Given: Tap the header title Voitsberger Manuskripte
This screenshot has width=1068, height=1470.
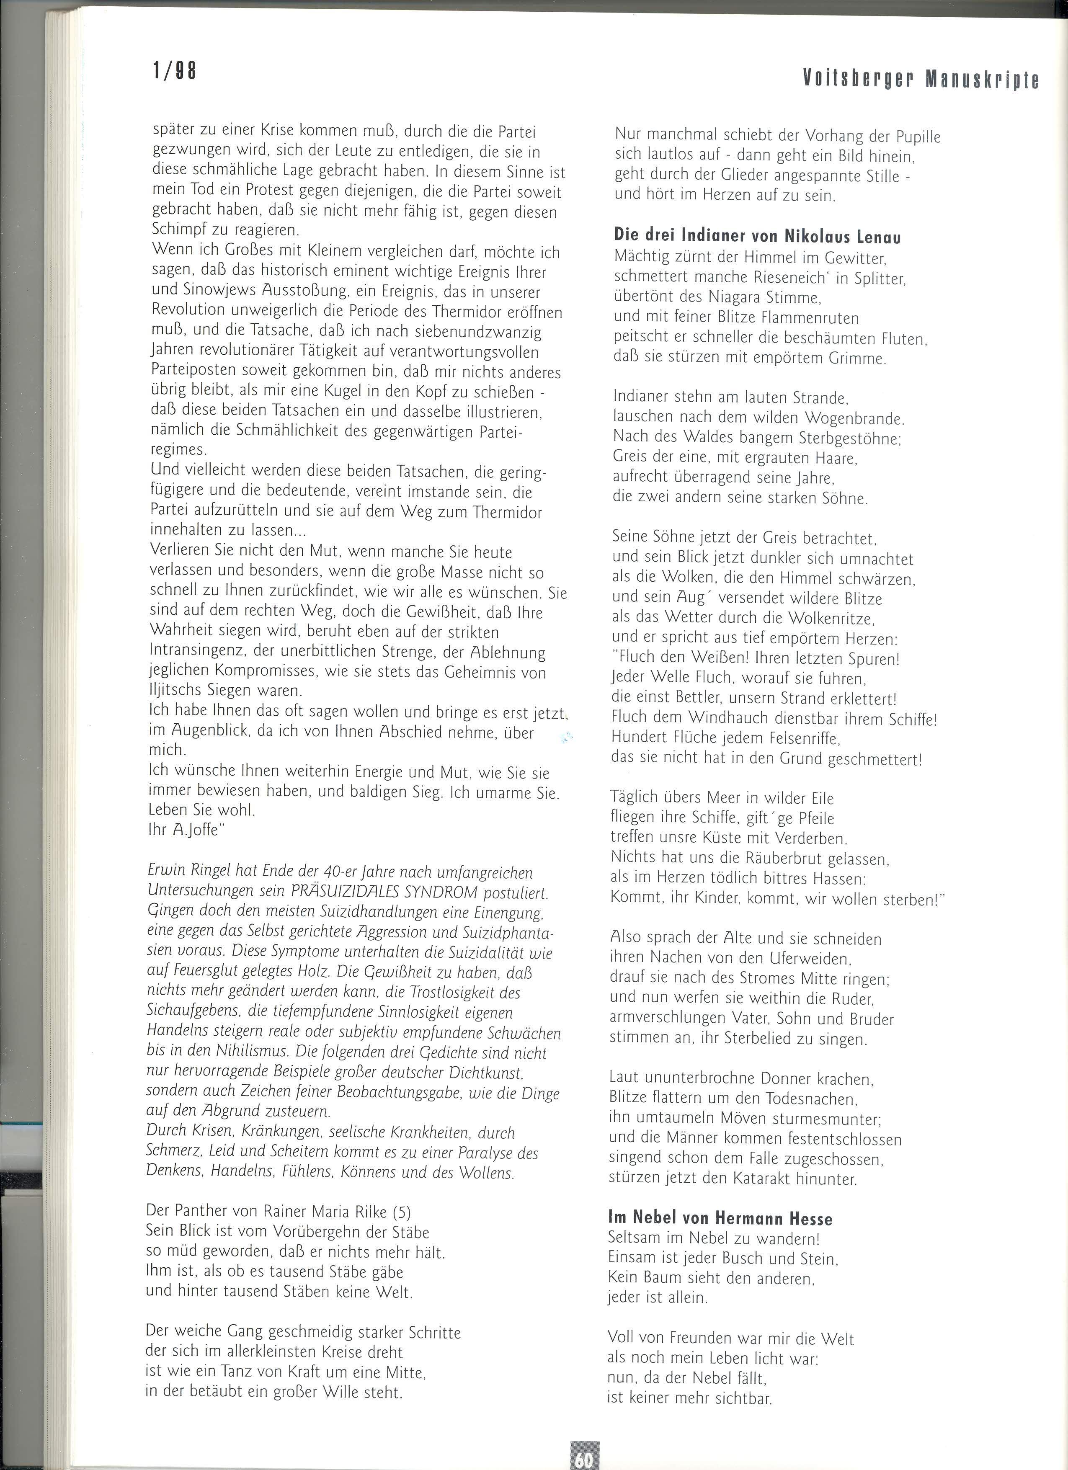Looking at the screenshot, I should click(x=920, y=79).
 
